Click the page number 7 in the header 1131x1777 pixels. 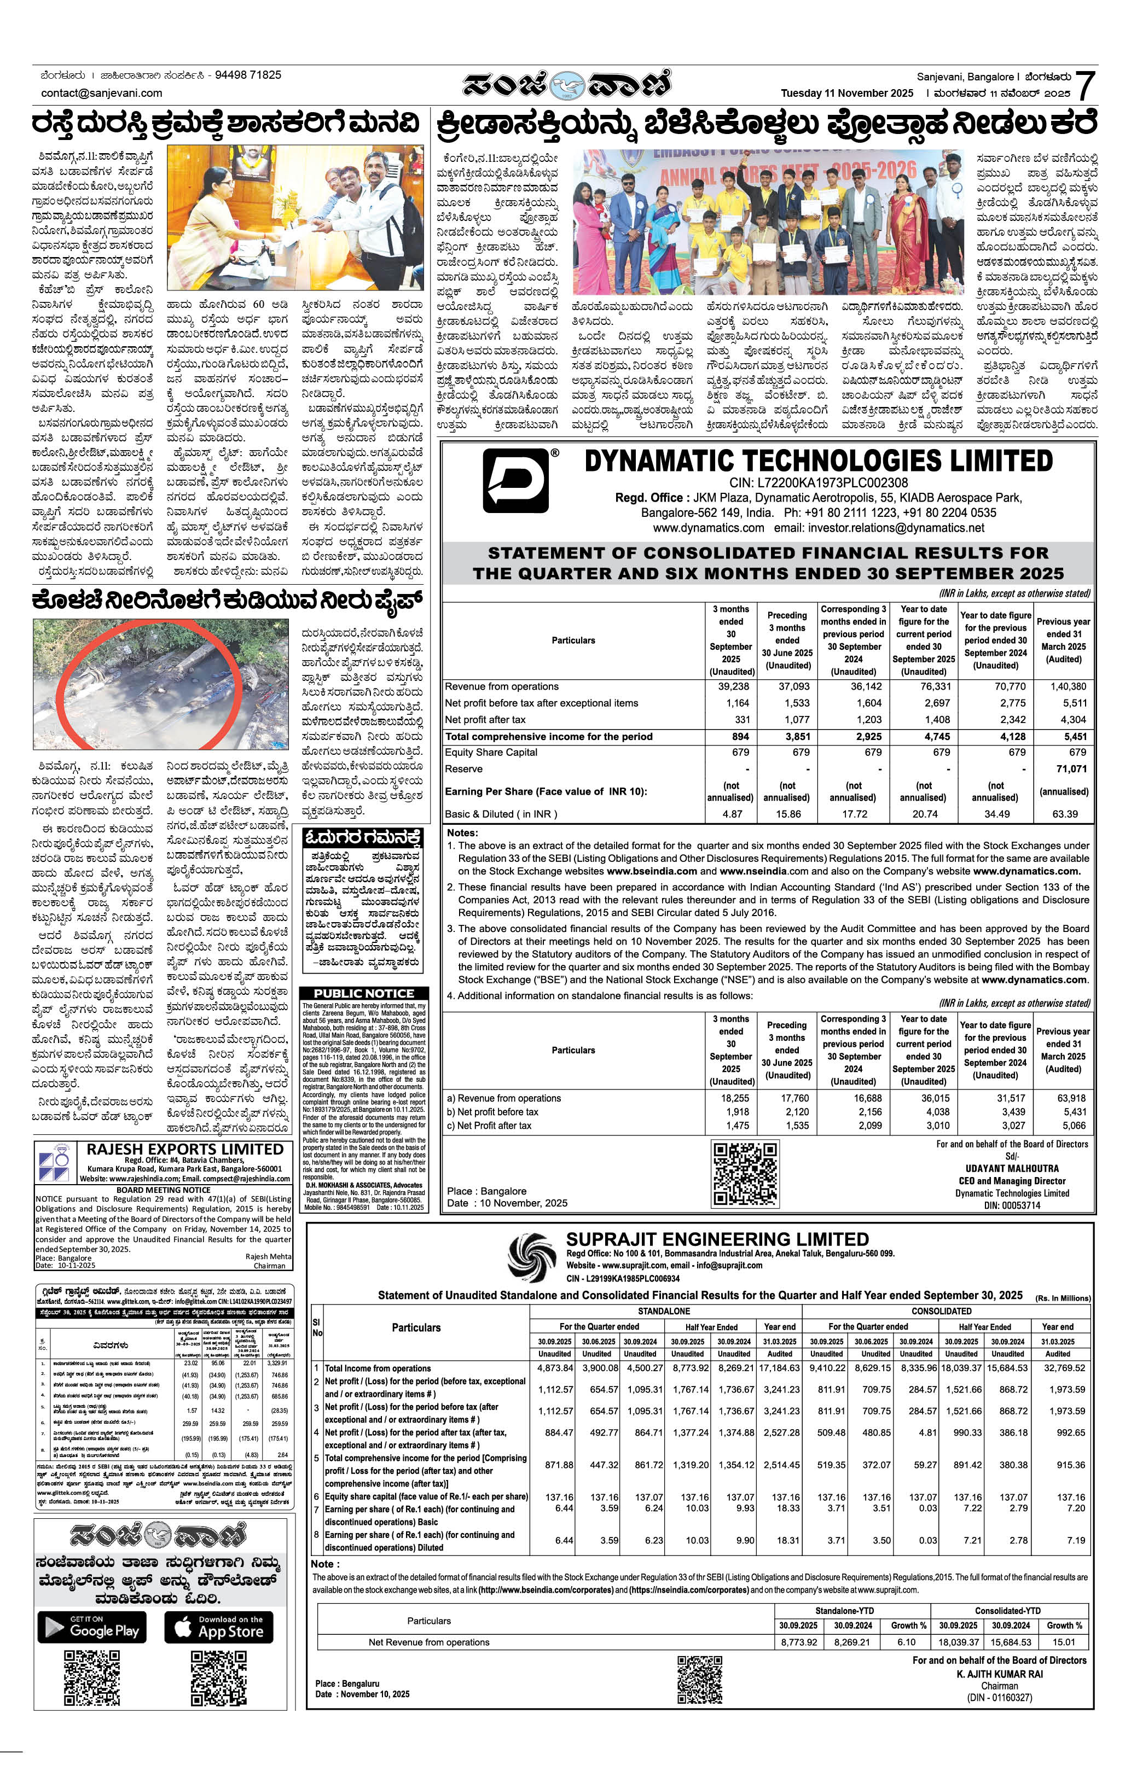(x=1084, y=86)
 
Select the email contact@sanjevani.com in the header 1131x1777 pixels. (x=102, y=93)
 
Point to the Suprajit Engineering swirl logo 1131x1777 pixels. (x=531, y=1257)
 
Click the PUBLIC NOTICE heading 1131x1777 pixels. (x=364, y=993)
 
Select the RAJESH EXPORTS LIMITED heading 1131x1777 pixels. (x=184, y=1149)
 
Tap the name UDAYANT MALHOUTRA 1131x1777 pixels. (x=1012, y=1168)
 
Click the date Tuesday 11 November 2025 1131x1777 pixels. (x=847, y=93)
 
